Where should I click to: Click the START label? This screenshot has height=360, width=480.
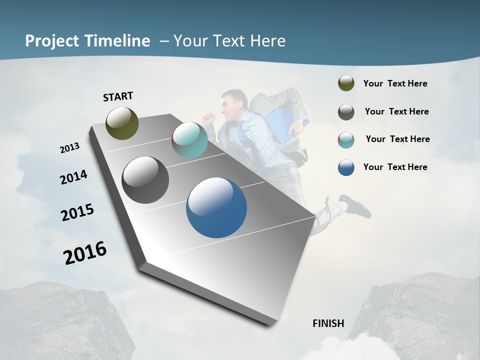(x=118, y=96)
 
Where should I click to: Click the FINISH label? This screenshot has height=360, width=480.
(x=328, y=323)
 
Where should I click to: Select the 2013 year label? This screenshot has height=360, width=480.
(x=69, y=148)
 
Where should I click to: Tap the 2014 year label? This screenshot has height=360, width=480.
(x=73, y=177)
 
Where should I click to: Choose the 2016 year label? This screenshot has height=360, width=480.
(x=85, y=253)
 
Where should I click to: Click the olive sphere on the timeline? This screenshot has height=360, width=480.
(x=122, y=123)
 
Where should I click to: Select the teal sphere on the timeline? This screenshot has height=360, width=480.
(x=189, y=140)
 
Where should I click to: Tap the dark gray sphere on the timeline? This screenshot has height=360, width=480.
(x=145, y=180)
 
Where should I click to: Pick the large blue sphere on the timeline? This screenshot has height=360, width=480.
(x=216, y=207)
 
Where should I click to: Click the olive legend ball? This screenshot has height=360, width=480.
(x=346, y=83)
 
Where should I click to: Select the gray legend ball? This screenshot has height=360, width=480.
(x=346, y=112)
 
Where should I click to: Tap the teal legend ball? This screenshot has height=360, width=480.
(x=346, y=140)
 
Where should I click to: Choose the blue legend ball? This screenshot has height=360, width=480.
(x=346, y=167)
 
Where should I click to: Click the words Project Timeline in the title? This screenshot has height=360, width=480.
(x=87, y=41)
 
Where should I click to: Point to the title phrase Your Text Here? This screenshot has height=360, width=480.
(x=229, y=41)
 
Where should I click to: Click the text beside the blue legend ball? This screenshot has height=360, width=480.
(x=395, y=167)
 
